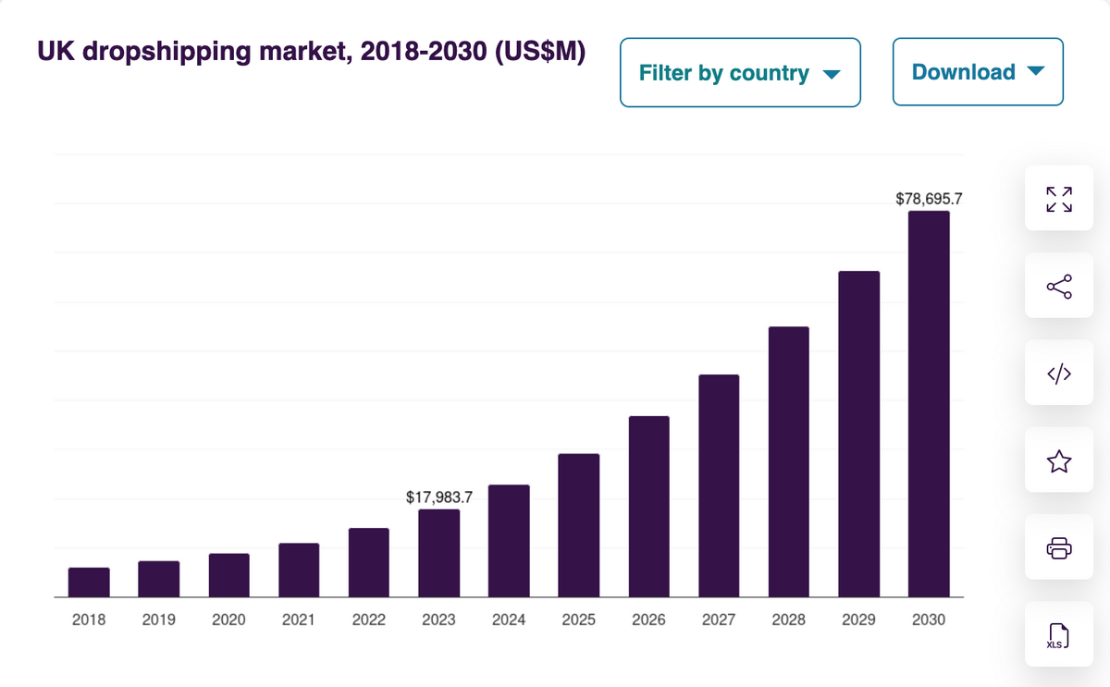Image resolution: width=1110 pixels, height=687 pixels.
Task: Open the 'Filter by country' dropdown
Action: click(x=740, y=72)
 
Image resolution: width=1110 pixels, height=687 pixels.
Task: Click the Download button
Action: click(x=978, y=72)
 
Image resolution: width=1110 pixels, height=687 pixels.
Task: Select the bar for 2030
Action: click(x=929, y=403)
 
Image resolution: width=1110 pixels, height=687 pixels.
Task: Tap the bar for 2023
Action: click(x=438, y=553)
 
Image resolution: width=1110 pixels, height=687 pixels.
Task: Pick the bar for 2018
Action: click(x=89, y=582)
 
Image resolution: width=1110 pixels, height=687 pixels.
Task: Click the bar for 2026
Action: click(x=648, y=506)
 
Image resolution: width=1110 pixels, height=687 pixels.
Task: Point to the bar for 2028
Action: click(x=789, y=461)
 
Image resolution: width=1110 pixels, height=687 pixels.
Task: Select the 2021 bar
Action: click(x=299, y=570)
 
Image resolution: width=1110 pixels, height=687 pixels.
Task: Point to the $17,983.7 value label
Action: click(x=439, y=497)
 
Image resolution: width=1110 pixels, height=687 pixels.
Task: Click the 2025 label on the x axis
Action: click(x=578, y=620)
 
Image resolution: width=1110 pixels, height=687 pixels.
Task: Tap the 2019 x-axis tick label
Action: click(x=159, y=620)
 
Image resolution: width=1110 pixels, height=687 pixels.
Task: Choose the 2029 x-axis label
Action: click(x=858, y=620)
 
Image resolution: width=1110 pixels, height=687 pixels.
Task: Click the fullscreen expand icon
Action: click(x=1059, y=199)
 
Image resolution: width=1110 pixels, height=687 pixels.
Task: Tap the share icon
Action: click(x=1059, y=287)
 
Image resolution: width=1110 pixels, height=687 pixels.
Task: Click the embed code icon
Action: click(x=1059, y=374)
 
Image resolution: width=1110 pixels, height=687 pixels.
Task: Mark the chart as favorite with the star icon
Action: click(x=1059, y=461)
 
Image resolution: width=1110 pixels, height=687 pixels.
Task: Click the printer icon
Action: click(x=1059, y=548)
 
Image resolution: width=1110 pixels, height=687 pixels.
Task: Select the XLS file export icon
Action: click(x=1059, y=636)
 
